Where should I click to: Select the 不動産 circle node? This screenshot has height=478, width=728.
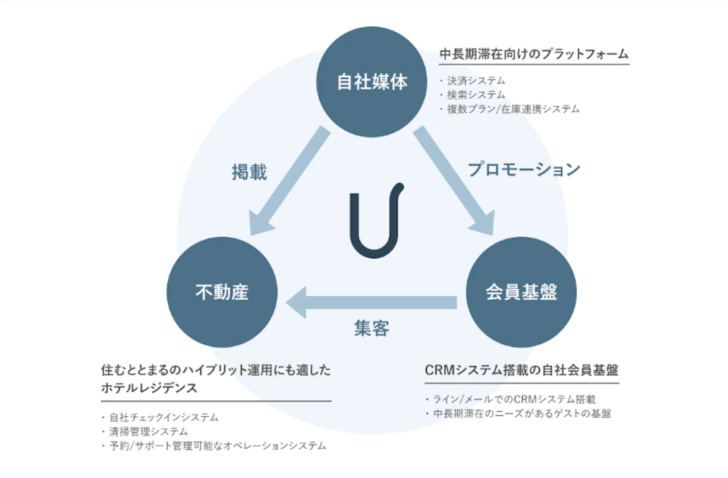(x=222, y=292)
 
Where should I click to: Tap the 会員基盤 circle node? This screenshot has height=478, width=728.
(x=521, y=292)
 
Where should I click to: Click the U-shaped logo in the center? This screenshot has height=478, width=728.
(x=376, y=220)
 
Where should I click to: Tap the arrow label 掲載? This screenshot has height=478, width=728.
(x=249, y=172)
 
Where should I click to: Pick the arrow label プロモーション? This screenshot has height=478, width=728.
(x=524, y=169)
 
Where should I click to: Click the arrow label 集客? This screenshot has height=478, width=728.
(x=371, y=328)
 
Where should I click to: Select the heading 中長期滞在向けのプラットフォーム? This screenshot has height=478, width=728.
(x=534, y=54)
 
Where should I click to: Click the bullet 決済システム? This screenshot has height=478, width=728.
(x=476, y=81)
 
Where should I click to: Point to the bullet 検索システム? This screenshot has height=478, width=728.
(x=476, y=95)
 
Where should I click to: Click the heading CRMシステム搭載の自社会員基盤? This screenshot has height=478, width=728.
(x=521, y=370)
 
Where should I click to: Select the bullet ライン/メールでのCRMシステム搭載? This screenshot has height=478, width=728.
(x=514, y=399)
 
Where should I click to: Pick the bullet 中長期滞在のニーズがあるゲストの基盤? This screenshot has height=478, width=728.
(x=521, y=413)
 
